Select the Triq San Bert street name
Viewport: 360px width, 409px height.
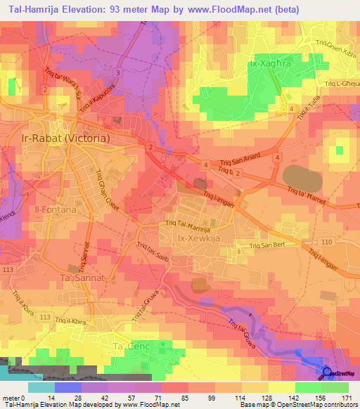270,247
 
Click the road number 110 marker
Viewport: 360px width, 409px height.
326,241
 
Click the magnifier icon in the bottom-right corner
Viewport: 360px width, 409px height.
328,373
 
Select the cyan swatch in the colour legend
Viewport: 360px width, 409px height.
41,387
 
